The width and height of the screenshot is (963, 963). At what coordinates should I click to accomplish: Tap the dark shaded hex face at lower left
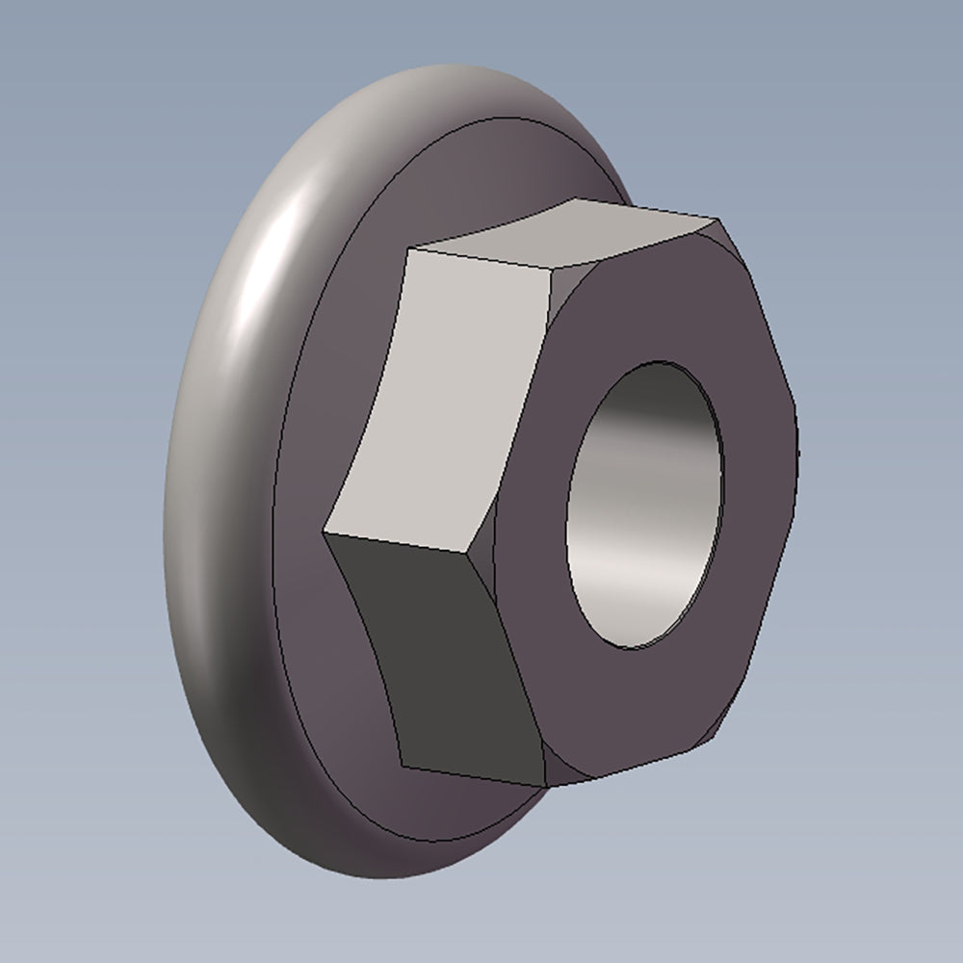pos(443,655)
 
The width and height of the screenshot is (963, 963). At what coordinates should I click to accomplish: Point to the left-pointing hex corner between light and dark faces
pos(327,532)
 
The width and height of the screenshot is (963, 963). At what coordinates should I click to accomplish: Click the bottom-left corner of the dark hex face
pos(403,767)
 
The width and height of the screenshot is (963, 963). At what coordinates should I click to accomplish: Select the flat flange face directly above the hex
pos(481,173)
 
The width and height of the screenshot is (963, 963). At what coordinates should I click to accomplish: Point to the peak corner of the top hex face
pos(576,198)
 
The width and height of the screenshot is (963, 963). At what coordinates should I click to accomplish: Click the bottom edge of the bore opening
pos(626,647)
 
